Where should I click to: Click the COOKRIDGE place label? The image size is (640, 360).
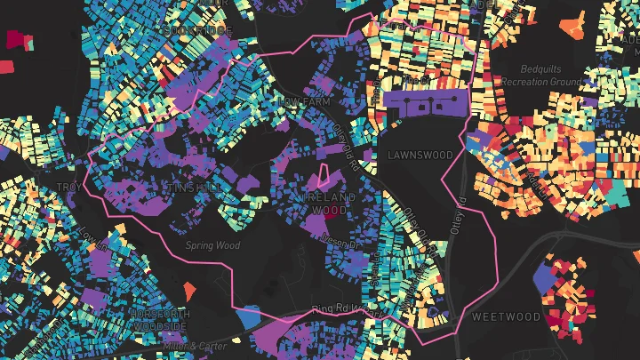[x=198, y=31]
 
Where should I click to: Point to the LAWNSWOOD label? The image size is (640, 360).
[x=420, y=156]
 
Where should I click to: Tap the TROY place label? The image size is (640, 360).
[x=68, y=186]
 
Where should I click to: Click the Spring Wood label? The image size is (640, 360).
[x=212, y=245]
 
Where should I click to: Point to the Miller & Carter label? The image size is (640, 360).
[x=190, y=345]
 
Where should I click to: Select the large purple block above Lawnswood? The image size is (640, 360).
[x=427, y=105]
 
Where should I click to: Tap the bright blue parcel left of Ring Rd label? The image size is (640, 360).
[x=250, y=315]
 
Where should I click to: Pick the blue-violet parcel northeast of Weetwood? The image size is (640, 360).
[x=543, y=279]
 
